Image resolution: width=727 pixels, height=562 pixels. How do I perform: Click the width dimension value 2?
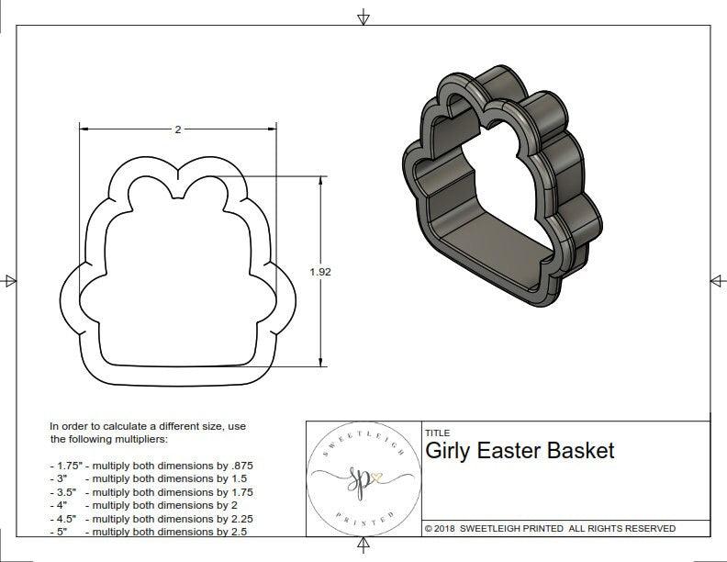click(x=177, y=129)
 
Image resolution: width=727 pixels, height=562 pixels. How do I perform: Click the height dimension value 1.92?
click(x=319, y=272)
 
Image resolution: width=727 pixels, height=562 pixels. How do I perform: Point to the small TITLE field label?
click(x=437, y=433)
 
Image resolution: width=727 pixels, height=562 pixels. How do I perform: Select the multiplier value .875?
click(x=240, y=466)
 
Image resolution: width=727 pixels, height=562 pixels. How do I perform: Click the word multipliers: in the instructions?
click(x=139, y=440)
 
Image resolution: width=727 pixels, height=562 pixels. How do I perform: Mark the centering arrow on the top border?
click(x=363, y=17)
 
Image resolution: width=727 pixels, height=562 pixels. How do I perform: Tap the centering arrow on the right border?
click(x=716, y=280)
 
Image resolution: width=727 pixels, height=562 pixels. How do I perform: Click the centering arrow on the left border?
click(x=10, y=280)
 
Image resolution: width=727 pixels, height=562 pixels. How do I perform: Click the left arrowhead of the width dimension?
click(x=83, y=129)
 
